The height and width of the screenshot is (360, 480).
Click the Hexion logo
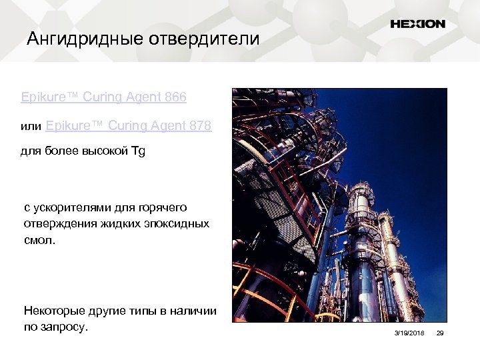pos(417,24)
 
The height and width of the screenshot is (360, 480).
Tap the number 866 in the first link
pos(175,97)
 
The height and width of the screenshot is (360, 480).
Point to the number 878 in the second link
pos(200,125)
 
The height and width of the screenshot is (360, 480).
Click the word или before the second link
pos(31,126)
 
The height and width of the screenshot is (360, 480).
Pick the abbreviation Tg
pos(138,151)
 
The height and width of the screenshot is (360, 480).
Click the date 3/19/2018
pos(409,332)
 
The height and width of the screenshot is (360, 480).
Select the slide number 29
pos(439,332)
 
